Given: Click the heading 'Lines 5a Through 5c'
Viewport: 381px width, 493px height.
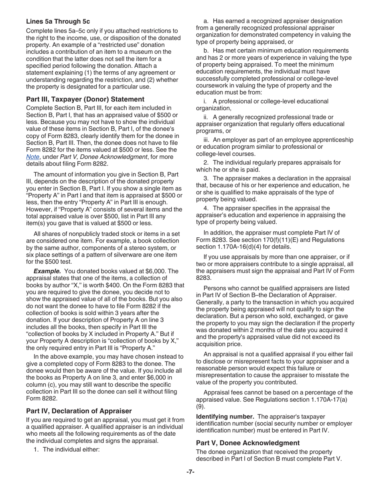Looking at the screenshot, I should pyautogui.click(x=58, y=21).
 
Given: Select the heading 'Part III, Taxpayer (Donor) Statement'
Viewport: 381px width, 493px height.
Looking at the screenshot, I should pyautogui.click(x=85, y=99).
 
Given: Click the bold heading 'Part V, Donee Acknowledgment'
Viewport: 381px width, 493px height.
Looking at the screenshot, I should pyautogui.click(x=247, y=442).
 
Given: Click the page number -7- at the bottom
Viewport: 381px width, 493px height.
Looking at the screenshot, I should pyautogui.click(x=190, y=472).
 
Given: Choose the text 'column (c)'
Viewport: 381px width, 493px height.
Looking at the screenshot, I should pyautogui.click(x=41, y=384).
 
